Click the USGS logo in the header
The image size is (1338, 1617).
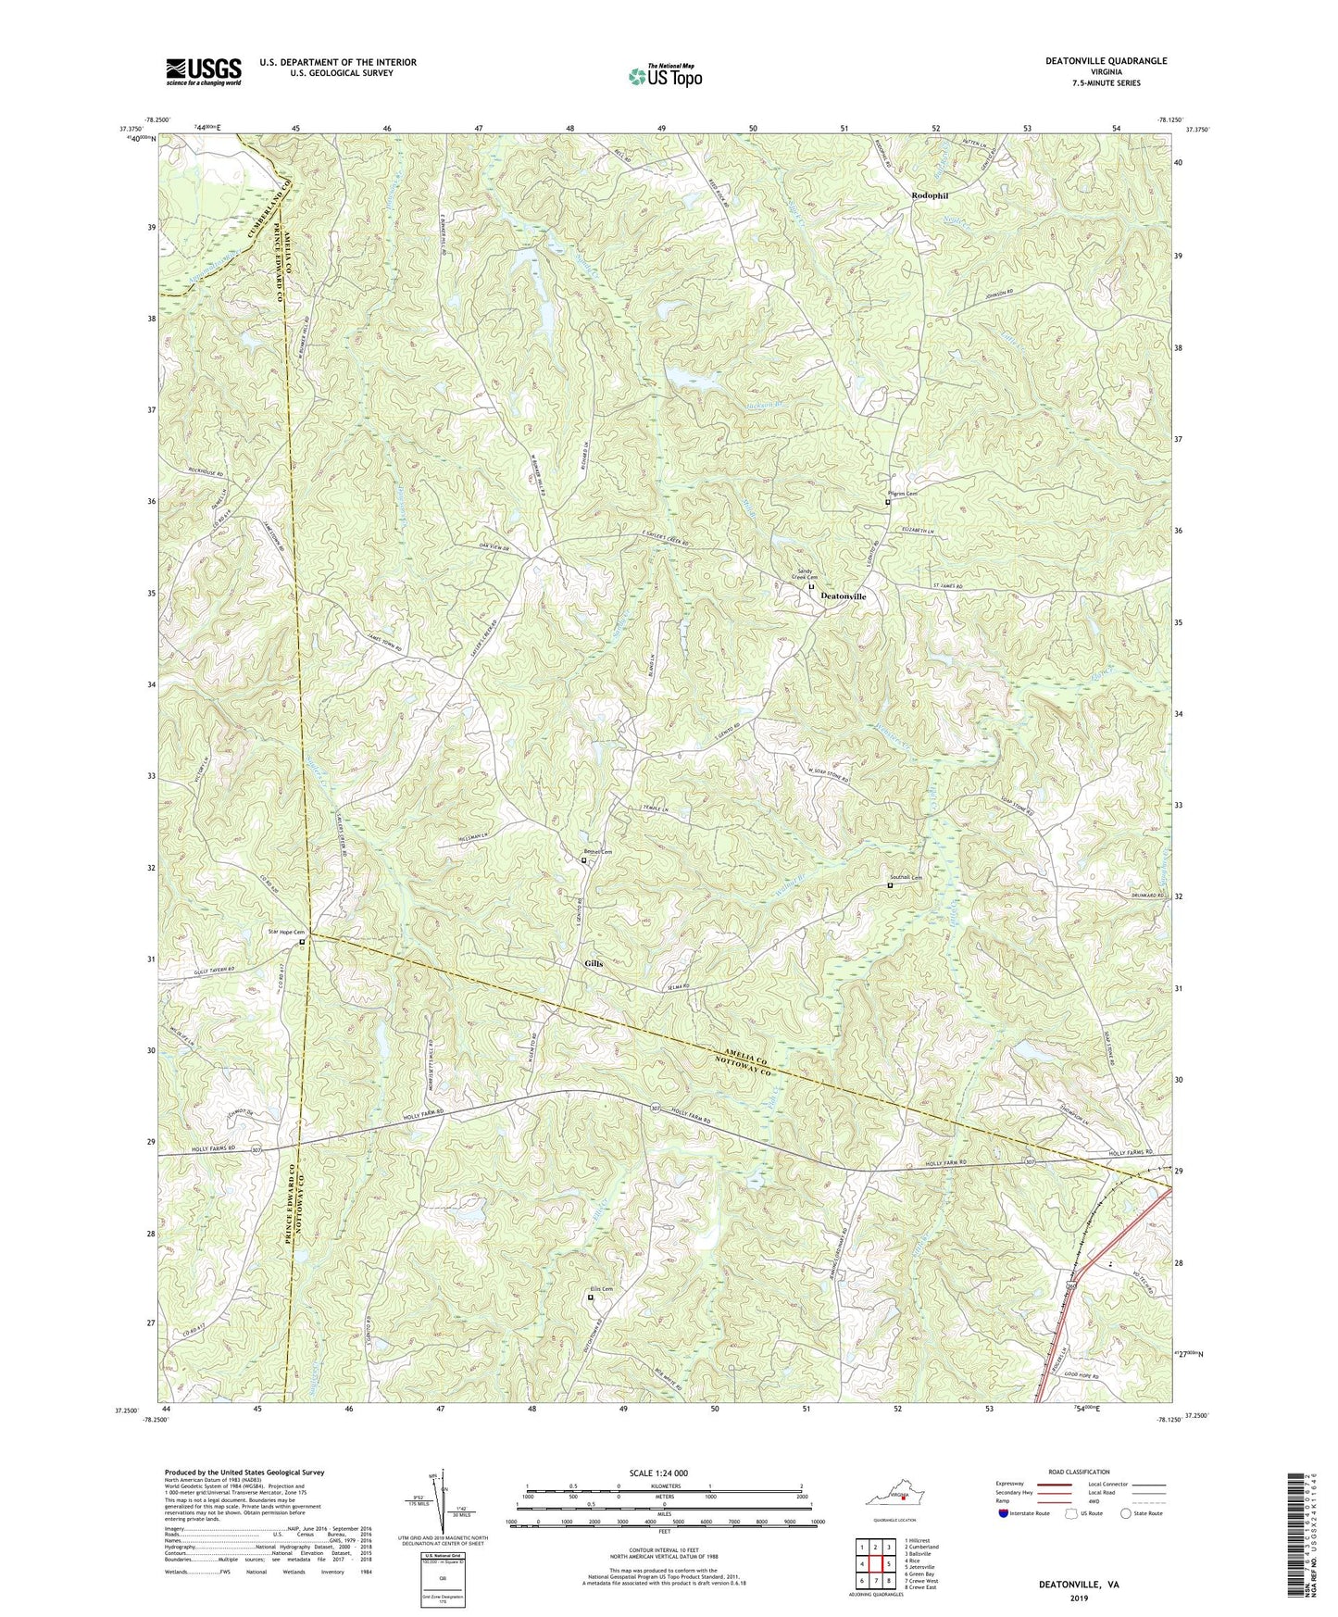[x=204, y=70]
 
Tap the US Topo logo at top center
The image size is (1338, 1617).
[x=664, y=75]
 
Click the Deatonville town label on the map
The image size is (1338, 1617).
[x=844, y=597]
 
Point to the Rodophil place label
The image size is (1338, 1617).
[x=931, y=196]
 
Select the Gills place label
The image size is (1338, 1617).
[x=594, y=963]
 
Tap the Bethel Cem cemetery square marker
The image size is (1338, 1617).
[x=583, y=860]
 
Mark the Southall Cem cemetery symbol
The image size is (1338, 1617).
[x=890, y=885]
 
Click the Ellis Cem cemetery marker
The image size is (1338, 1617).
[x=591, y=1297]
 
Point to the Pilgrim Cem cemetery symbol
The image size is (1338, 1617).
[x=886, y=503]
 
